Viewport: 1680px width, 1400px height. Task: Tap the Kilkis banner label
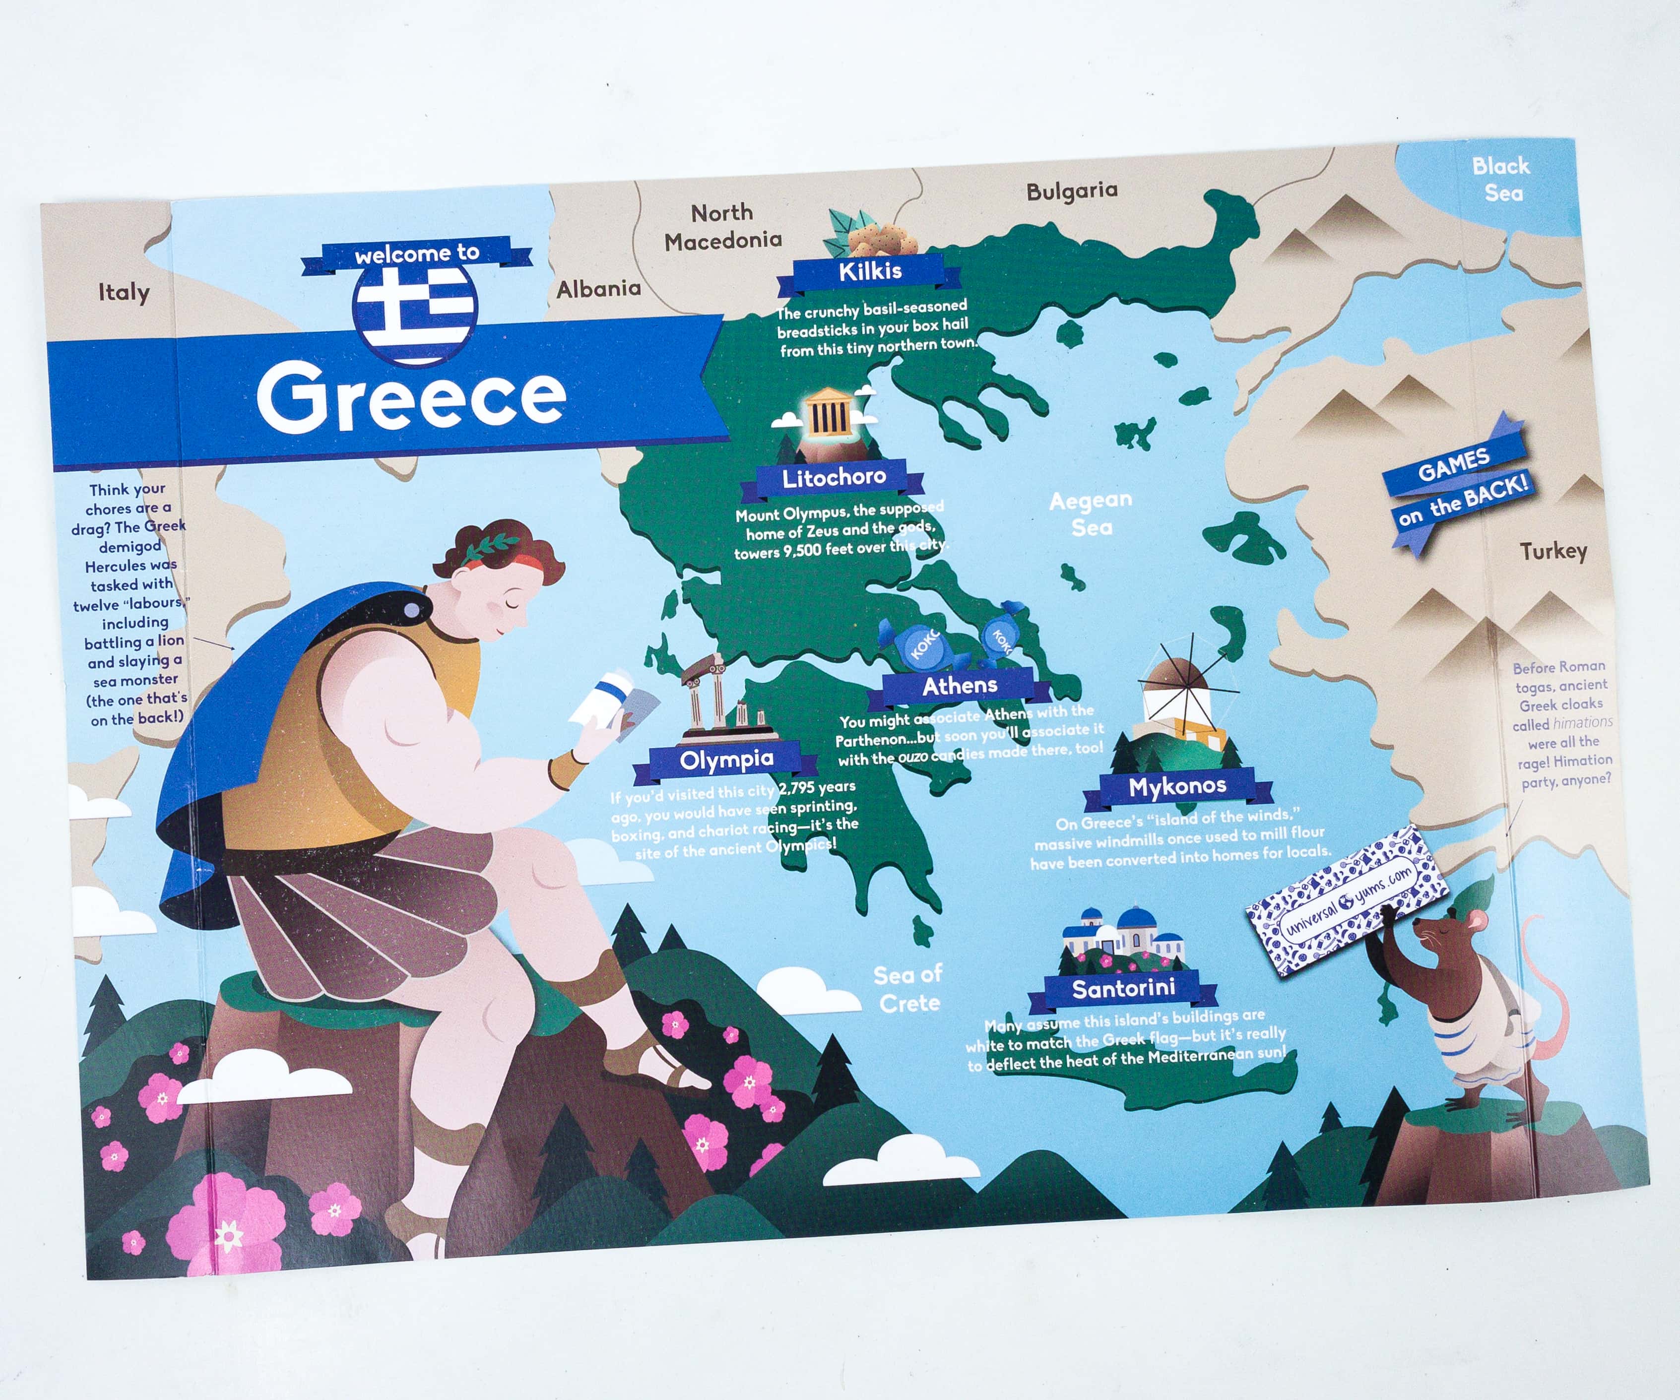click(870, 272)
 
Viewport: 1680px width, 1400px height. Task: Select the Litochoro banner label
click(834, 478)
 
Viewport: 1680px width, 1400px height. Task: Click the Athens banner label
click(960, 686)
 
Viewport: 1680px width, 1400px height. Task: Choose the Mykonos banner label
click(1177, 786)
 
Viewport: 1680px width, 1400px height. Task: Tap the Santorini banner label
click(1123, 989)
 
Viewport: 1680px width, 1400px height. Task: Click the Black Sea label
click(1501, 179)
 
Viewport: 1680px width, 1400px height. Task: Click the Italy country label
click(123, 292)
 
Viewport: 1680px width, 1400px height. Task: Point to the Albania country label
click(598, 289)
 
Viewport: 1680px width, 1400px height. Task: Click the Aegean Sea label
click(1091, 513)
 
